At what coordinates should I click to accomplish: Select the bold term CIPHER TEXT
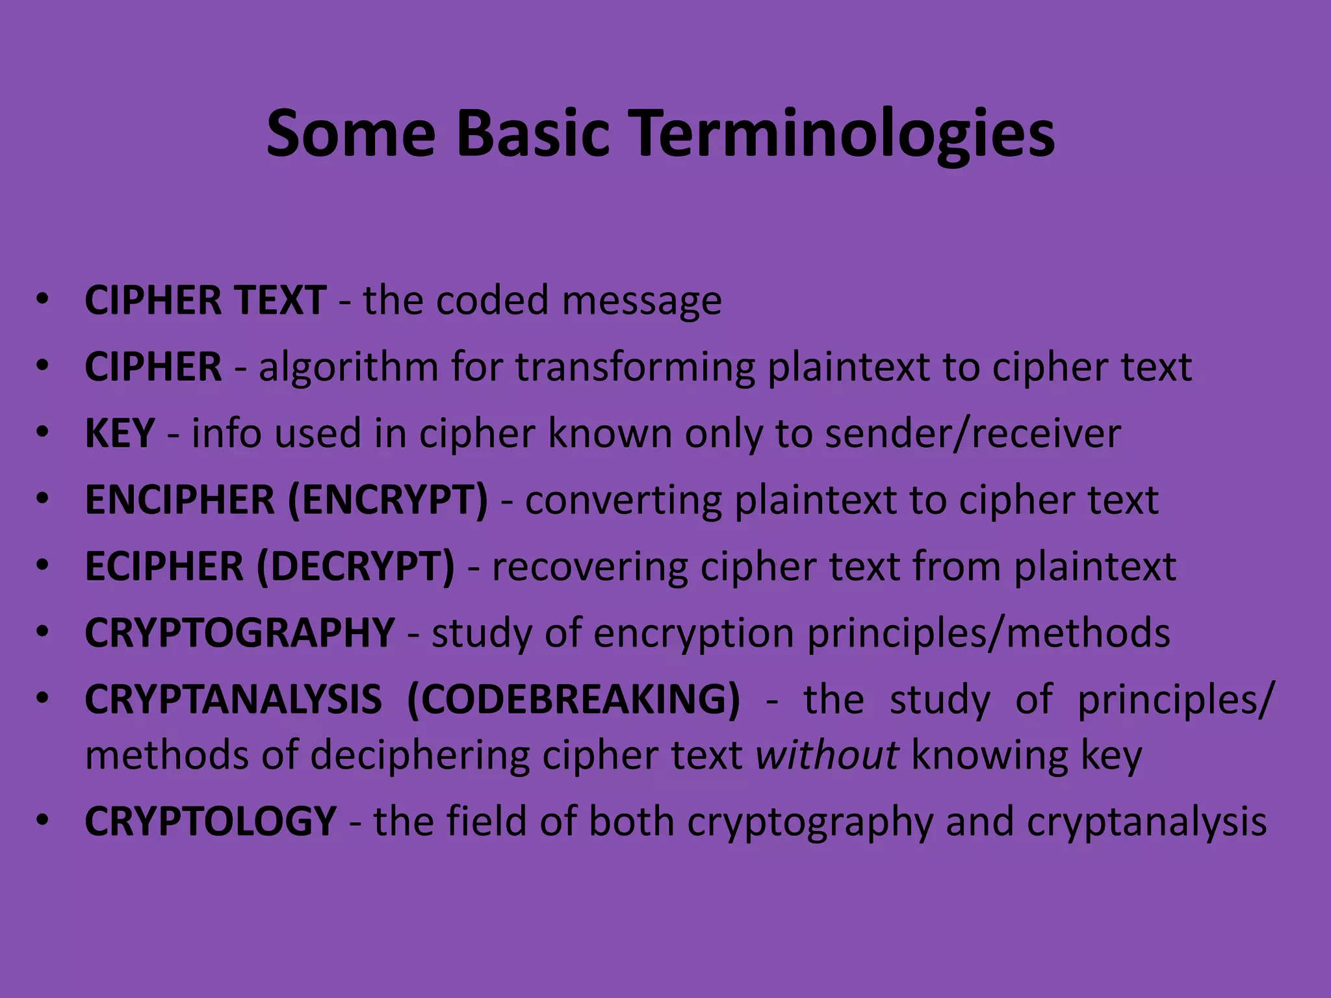pos(205,300)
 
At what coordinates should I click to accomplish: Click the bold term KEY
pos(120,433)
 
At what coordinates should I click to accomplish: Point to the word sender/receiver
pos(973,433)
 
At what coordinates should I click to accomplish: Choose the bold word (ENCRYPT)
pos(387,500)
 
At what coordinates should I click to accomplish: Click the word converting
pos(623,500)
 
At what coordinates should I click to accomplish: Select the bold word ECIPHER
pos(164,567)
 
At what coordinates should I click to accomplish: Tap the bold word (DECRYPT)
pos(355,567)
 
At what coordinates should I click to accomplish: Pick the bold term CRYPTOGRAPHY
pos(239,633)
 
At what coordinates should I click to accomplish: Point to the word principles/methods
pos(989,634)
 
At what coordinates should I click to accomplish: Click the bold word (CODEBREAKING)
pos(573,700)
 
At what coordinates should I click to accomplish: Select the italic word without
pos(827,755)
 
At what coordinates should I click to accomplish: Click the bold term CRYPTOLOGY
pos(211,821)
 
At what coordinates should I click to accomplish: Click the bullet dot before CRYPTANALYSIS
pos(43,699)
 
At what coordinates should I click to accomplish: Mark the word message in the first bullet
pos(641,301)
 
